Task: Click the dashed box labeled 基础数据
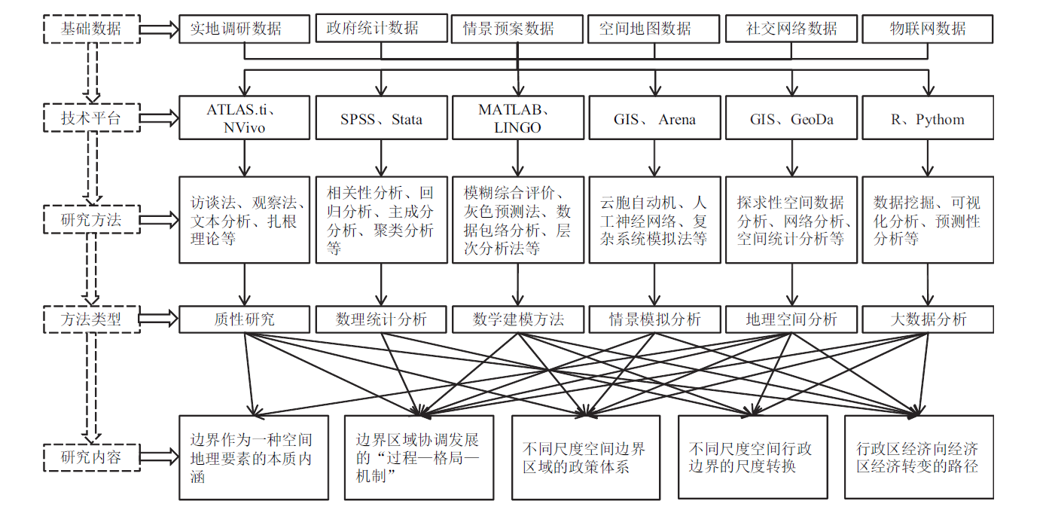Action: [90, 29]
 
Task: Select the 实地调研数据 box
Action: [245, 29]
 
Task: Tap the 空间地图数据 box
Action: [654, 29]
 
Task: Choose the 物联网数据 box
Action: [927, 29]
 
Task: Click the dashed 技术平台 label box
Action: [90, 118]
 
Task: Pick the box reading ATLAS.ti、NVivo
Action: [245, 118]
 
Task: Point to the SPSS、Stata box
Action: [381, 118]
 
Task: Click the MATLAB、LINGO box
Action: [517, 118]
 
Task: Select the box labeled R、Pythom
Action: [927, 118]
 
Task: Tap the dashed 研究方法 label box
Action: [90, 220]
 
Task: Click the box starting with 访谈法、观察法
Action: [245, 220]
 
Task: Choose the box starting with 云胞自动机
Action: [654, 220]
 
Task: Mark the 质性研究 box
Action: [245, 319]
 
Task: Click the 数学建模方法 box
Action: [517, 319]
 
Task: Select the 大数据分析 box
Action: [927, 319]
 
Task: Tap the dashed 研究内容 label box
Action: [90, 457]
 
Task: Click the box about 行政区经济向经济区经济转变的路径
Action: [918, 457]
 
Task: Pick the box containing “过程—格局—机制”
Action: [419, 457]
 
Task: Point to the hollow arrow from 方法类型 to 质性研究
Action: [159, 319]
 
